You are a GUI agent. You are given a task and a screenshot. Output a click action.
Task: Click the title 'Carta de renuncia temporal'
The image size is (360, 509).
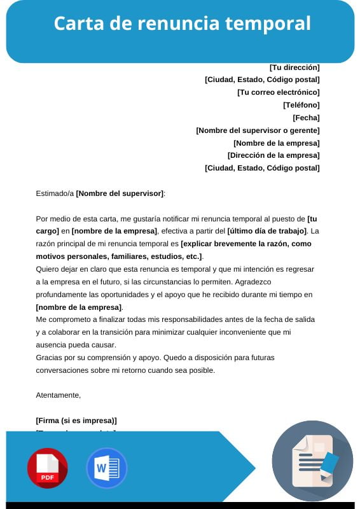pyautogui.click(x=182, y=24)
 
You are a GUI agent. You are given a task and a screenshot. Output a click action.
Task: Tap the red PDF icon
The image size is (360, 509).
pyautogui.click(x=47, y=468)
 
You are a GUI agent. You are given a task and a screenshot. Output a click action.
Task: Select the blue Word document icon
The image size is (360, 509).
pyautogui.click(x=106, y=468)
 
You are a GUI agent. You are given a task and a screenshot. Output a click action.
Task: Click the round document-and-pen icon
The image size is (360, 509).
pyautogui.click(x=312, y=461)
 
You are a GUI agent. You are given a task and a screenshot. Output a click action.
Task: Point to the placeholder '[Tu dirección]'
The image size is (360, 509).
pyautogui.click(x=294, y=67)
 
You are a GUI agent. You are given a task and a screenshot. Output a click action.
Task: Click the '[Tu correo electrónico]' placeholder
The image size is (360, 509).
pyautogui.click(x=278, y=92)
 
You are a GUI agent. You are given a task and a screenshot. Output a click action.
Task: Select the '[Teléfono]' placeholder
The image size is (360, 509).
pyautogui.click(x=301, y=105)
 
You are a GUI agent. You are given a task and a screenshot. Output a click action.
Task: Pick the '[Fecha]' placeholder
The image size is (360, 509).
pyautogui.click(x=306, y=118)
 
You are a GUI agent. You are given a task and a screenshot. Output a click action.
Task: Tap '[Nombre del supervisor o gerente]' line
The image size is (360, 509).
pyautogui.click(x=258, y=130)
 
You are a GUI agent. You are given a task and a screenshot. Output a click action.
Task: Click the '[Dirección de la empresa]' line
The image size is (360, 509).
pyautogui.click(x=273, y=155)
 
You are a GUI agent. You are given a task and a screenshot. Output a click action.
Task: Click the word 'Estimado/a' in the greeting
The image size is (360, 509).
pyautogui.click(x=55, y=193)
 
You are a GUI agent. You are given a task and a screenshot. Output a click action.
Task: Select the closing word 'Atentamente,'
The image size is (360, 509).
pyautogui.click(x=59, y=395)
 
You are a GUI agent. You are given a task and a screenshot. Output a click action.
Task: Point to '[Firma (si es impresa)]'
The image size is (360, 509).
pyautogui.click(x=76, y=421)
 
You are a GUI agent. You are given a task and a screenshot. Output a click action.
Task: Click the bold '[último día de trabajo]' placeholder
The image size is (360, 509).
pyautogui.click(x=267, y=231)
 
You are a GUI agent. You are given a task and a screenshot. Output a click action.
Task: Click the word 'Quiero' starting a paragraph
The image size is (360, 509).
pyautogui.click(x=48, y=269)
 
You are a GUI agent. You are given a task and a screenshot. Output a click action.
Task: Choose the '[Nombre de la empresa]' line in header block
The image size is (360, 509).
pyautogui.click(x=276, y=143)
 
